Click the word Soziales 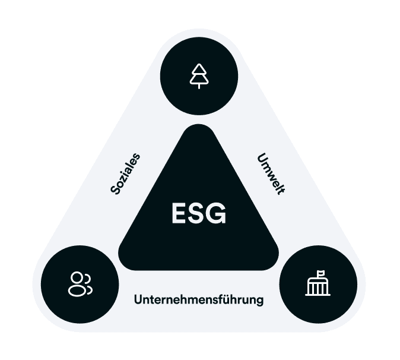[126, 173]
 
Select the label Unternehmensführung [199, 299]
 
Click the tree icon [199, 77]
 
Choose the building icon [318, 284]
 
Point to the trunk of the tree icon [199, 86]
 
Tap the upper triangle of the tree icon [199, 70]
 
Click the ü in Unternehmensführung [228, 299]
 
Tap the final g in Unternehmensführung [259, 301]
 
